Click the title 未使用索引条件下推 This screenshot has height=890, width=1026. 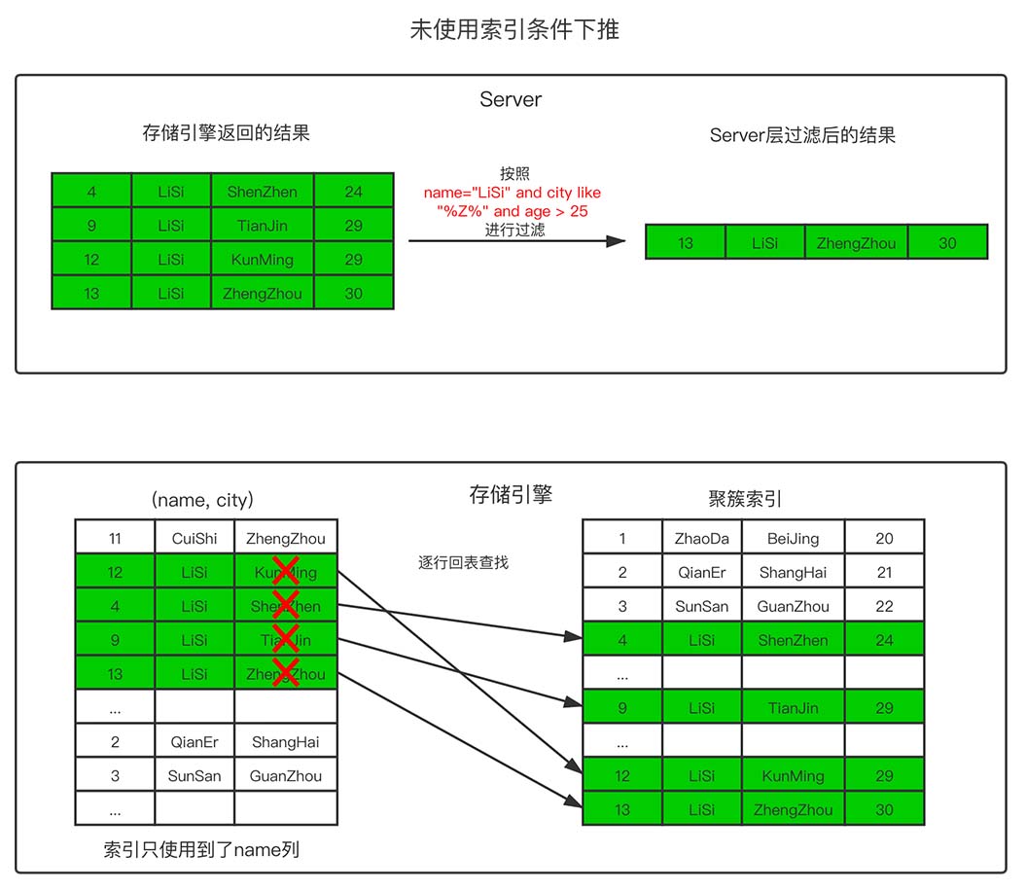514,30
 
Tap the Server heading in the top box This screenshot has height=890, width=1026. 511,99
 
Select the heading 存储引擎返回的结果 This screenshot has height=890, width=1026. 226,133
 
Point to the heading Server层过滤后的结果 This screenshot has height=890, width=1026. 802,135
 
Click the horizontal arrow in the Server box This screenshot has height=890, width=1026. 515,240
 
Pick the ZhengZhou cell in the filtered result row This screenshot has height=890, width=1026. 856,243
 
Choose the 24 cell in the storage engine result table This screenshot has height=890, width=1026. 353,192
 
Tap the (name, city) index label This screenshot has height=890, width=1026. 202,500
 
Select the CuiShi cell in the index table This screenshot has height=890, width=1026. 195,538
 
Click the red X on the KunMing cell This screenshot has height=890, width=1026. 286,571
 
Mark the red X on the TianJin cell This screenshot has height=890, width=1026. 286,639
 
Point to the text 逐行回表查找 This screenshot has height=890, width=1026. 463,562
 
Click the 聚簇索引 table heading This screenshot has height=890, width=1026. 745,500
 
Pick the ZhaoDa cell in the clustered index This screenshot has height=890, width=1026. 701,538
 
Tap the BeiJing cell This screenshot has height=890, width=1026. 793,538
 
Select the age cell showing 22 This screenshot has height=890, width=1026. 883,606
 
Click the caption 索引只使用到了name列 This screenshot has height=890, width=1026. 201,849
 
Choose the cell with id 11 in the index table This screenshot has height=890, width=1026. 115,538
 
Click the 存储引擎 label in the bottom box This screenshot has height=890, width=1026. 511,494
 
